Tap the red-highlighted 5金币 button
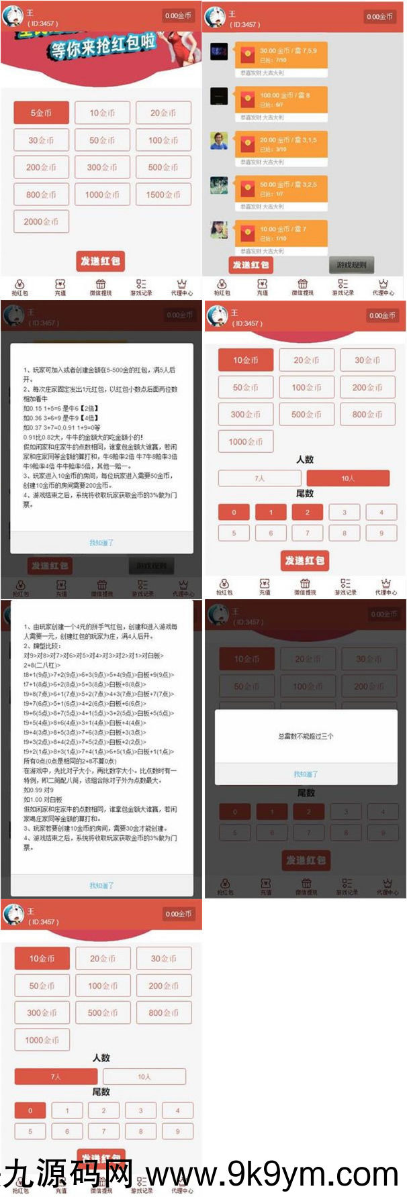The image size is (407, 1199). (41, 113)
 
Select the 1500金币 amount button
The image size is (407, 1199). (163, 195)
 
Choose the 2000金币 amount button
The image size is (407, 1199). (41, 221)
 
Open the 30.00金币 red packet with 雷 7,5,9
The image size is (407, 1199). (281, 55)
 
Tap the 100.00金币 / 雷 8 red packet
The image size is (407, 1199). (281, 100)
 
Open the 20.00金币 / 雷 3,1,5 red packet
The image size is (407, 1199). (281, 144)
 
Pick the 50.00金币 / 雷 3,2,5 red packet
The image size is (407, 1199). (281, 189)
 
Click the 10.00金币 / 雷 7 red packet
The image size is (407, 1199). (281, 233)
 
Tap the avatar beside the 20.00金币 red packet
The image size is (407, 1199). (219, 141)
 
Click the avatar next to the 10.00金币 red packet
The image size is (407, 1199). (219, 229)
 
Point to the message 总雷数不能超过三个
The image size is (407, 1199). (306, 736)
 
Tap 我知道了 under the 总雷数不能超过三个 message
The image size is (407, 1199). (306, 774)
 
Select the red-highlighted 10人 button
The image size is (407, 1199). (348, 478)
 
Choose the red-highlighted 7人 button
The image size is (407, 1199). (56, 1077)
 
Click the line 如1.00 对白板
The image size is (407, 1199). (43, 800)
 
